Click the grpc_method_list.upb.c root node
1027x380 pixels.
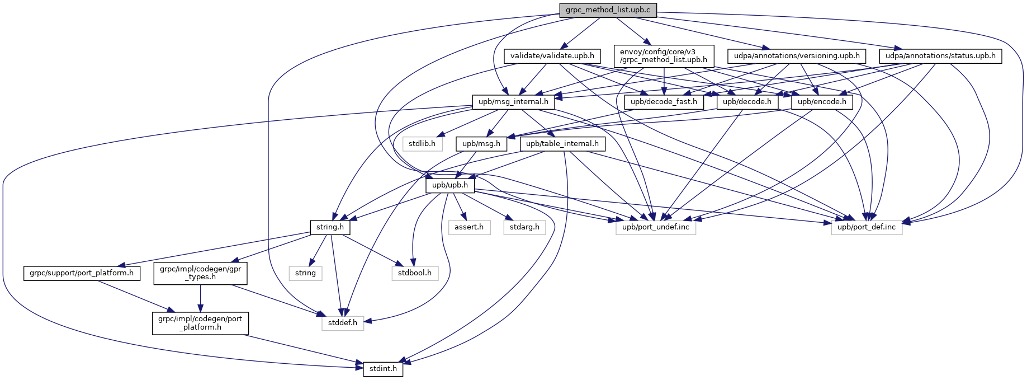608,10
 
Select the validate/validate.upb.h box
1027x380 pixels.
552,56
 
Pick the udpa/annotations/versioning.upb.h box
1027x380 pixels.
797,56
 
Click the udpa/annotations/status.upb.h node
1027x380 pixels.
940,56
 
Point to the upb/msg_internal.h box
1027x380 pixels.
514,102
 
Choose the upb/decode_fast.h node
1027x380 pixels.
664,102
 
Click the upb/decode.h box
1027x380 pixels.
747,102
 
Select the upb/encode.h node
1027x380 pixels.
822,102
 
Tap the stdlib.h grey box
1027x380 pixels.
422,144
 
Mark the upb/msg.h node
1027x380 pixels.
481,144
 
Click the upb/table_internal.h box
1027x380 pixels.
562,144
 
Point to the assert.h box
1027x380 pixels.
469,227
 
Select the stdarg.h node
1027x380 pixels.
524,227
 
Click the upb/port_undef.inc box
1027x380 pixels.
656,227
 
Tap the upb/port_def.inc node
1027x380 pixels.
867,227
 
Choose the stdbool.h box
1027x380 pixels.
415,273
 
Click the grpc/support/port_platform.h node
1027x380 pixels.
82,273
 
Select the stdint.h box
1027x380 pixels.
383,369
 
